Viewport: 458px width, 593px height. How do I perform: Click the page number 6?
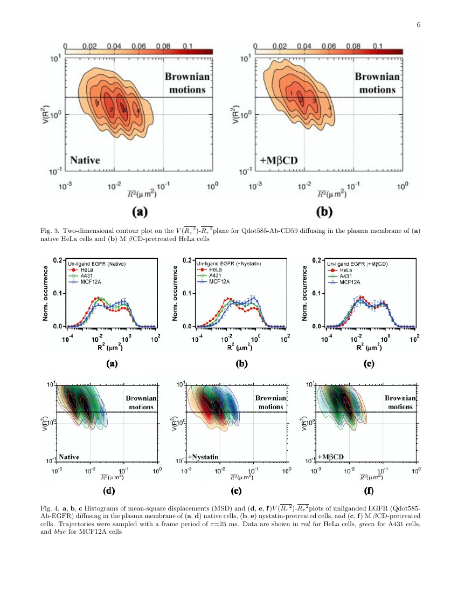(418, 24)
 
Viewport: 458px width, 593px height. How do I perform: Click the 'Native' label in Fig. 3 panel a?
(92, 160)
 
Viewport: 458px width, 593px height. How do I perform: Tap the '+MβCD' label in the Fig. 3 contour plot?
(279, 160)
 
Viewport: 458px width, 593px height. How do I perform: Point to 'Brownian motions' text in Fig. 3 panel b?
(377, 83)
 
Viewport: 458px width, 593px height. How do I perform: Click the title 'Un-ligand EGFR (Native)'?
(102, 264)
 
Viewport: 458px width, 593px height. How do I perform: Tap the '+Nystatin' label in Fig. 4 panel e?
(203, 457)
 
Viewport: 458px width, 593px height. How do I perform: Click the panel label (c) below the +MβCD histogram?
(369, 364)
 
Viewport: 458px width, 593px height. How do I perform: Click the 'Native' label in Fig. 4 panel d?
(69, 457)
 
